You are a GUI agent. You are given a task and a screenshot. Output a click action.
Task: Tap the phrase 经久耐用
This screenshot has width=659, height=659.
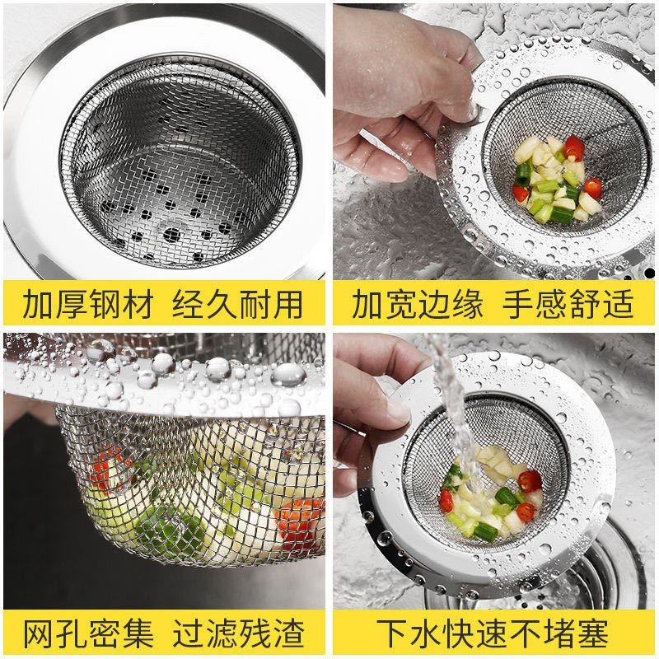point(238,304)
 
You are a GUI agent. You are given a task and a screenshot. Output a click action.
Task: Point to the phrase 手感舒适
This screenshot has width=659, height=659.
point(568,304)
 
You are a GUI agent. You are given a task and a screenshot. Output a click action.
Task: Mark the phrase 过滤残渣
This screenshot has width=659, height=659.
point(238,633)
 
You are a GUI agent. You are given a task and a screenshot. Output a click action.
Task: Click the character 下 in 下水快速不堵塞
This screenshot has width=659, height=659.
point(387,633)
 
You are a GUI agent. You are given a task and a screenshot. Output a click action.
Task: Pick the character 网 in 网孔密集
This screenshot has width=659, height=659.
point(40,633)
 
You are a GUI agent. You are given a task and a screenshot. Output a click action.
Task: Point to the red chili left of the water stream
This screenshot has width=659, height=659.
point(447,497)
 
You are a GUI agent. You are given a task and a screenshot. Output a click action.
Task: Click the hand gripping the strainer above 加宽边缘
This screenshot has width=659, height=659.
point(395,99)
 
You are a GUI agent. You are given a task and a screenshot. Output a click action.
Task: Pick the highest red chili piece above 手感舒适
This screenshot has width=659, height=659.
point(574,148)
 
